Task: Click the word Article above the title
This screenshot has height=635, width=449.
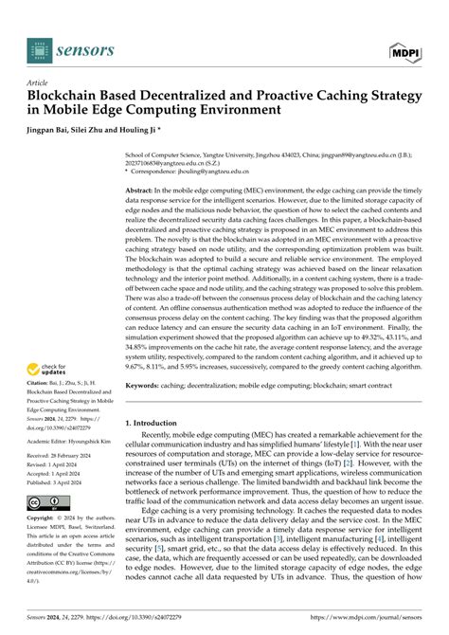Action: (39, 83)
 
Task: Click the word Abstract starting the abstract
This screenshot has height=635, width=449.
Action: (145, 190)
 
